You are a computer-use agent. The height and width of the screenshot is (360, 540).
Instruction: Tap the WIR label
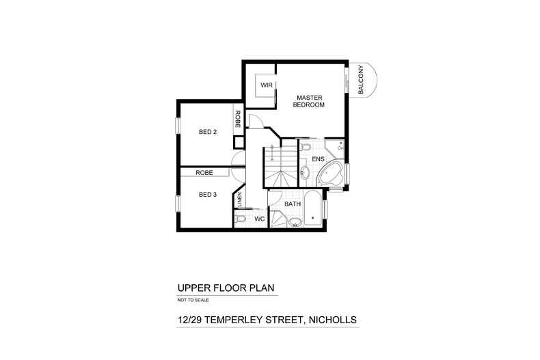pos(267,86)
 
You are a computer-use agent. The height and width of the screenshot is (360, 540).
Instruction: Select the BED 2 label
pos(207,132)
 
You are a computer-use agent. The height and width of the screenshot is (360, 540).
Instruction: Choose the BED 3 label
pos(207,195)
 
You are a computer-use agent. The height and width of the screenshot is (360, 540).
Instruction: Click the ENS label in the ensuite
pos(318,158)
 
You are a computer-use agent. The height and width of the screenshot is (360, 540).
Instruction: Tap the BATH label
pos(293,204)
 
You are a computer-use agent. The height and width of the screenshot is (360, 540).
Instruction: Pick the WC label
pos(259,219)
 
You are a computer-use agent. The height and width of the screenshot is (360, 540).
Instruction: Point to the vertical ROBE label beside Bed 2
pos(238,120)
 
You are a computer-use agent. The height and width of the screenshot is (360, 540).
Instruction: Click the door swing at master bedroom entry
pos(254,122)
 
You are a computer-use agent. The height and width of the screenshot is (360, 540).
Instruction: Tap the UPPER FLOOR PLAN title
pos(217,288)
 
